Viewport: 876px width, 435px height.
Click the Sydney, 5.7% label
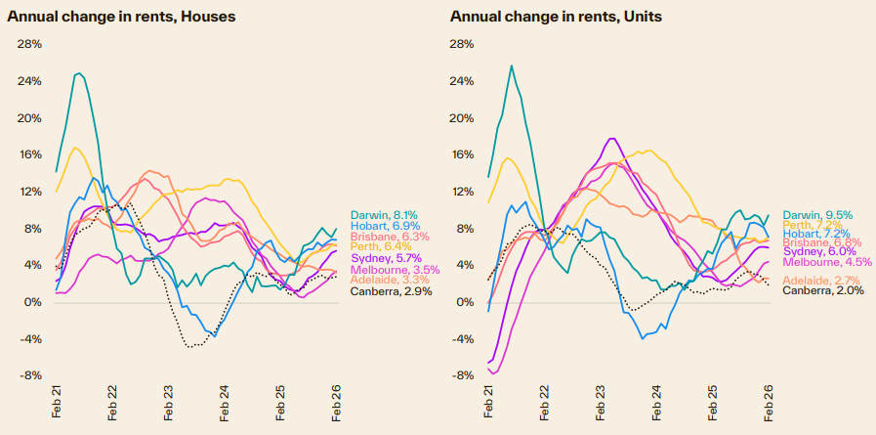[x=380, y=258]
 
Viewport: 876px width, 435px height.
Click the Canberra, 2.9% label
[x=386, y=291]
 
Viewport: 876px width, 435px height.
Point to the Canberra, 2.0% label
[x=817, y=290]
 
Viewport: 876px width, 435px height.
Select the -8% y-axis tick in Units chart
[x=460, y=375]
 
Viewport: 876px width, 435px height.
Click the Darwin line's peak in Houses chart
[x=78, y=73]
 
